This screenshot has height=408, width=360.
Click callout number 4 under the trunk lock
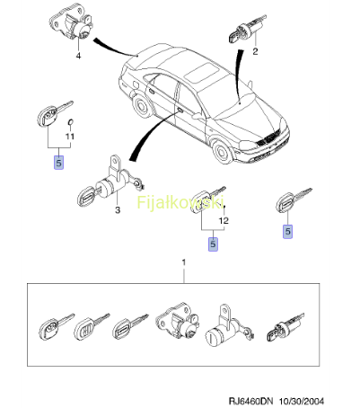tap(78, 56)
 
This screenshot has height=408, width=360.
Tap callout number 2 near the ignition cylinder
tap(255, 51)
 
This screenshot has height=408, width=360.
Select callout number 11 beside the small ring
tap(70, 137)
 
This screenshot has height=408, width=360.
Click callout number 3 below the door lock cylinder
tap(118, 210)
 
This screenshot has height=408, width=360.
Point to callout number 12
tap(224, 220)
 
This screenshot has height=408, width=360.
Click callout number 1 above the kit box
tap(184, 262)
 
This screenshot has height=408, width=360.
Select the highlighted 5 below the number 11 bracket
tap(58, 163)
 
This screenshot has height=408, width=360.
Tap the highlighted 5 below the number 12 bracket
tap(213, 244)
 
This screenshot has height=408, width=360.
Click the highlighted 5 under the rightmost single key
tap(287, 231)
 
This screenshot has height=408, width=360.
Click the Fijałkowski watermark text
tap(180, 202)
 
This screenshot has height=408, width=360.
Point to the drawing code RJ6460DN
tap(247, 401)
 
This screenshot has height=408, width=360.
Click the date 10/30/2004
tap(302, 401)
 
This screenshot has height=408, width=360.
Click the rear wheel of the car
tap(141, 105)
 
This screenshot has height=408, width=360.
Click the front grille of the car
tap(270, 138)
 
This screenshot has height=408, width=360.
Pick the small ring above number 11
tap(71, 122)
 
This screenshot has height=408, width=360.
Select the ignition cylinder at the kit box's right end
tap(285, 329)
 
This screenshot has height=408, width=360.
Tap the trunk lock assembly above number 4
tap(72, 24)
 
